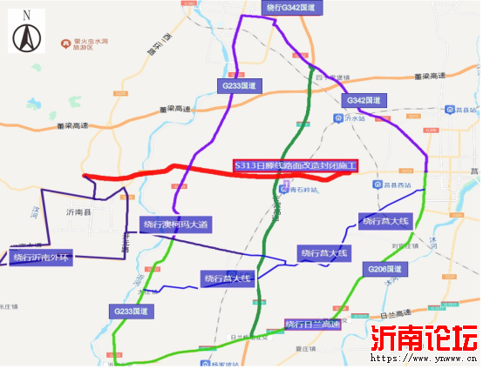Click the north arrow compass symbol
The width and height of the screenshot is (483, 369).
[x=28, y=38]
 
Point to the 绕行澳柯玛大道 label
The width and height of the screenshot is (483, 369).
[x=175, y=225]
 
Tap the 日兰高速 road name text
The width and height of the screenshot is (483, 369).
[x=393, y=313]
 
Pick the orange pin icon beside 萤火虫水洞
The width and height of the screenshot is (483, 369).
[x=64, y=43]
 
